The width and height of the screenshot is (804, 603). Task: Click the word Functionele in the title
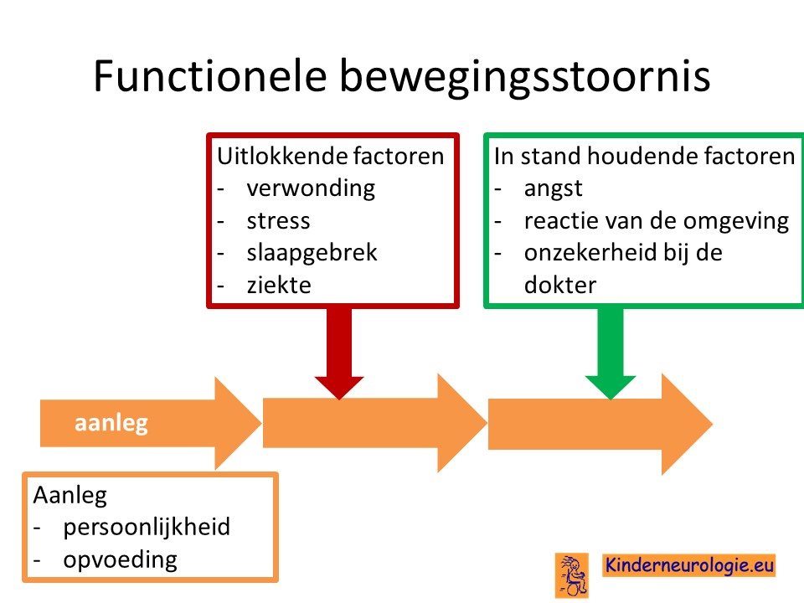pyautogui.click(x=210, y=75)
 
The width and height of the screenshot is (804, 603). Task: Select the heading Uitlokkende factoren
pyautogui.click(x=330, y=156)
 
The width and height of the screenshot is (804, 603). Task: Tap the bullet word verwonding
pyautogui.click(x=311, y=188)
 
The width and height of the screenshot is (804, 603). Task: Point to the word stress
pyautogui.click(x=278, y=221)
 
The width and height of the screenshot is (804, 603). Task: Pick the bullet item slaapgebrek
pyautogui.click(x=312, y=253)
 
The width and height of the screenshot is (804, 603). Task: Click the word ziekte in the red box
pyautogui.click(x=279, y=285)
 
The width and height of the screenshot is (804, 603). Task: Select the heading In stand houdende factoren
pyautogui.click(x=644, y=156)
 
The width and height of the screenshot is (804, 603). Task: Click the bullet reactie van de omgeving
pyautogui.click(x=657, y=221)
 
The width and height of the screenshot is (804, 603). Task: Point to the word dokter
pyautogui.click(x=560, y=285)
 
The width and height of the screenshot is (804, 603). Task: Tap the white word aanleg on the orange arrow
pyautogui.click(x=111, y=424)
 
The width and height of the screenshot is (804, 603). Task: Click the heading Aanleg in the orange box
pyautogui.click(x=70, y=496)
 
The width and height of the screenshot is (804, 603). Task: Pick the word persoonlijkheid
pyautogui.click(x=147, y=528)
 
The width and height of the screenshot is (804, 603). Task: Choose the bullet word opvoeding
pyautogui.click(x=120, y=560)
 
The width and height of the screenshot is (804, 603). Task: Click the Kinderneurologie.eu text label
pyautogui.click(x=688, y=565)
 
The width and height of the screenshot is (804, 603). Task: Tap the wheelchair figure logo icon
pyautogui.click(x=572, y=575)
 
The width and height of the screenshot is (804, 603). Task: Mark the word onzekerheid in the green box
pyautogui.click(x=590, y=253)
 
